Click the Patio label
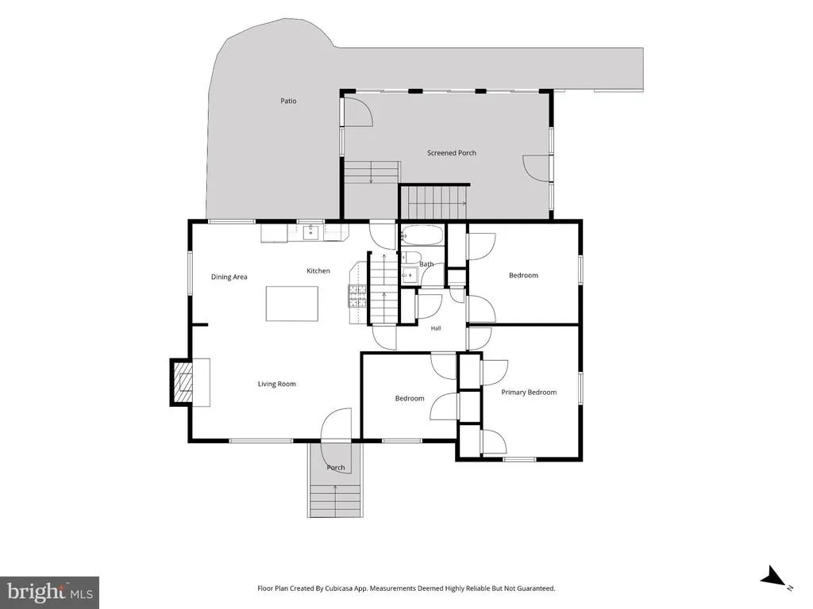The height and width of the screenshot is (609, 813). [288, 101]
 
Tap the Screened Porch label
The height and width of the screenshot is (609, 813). [452, 153]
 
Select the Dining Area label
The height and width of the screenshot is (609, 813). [229, 277]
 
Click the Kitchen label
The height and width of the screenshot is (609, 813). [318, 271]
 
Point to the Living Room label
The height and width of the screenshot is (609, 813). [277, 384]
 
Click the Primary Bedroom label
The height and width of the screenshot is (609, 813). [529, 393]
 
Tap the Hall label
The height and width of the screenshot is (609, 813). [436, 328]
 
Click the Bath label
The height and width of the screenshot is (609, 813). [426, 264]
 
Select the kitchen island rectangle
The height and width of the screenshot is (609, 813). [292, 304]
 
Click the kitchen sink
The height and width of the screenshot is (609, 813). [310, 232]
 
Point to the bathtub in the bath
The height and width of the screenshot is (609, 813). [422, 235]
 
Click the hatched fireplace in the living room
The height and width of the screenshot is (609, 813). [182, 382]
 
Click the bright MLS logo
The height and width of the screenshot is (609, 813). [50, 592]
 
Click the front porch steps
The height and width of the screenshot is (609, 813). [335, 500]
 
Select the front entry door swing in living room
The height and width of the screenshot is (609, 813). [336, 425]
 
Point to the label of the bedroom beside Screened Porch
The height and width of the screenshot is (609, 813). [523, 275]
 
